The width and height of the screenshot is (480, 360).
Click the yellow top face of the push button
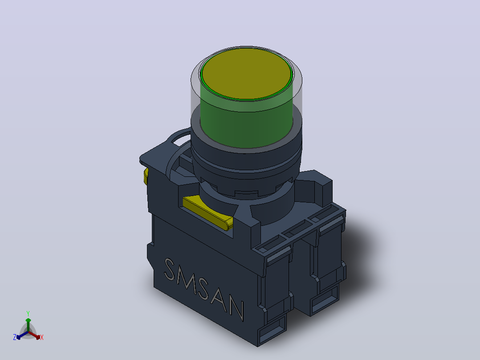[x=246, y=74]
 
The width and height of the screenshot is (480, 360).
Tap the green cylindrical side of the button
[x=246, y=123]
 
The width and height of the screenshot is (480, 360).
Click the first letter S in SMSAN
[x=170, y=270]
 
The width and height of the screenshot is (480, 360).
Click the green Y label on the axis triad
[x=28, y=314]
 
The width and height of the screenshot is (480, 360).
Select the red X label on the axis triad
[x=42, y=337]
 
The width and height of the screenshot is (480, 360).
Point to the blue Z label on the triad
[x=15, y=337]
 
